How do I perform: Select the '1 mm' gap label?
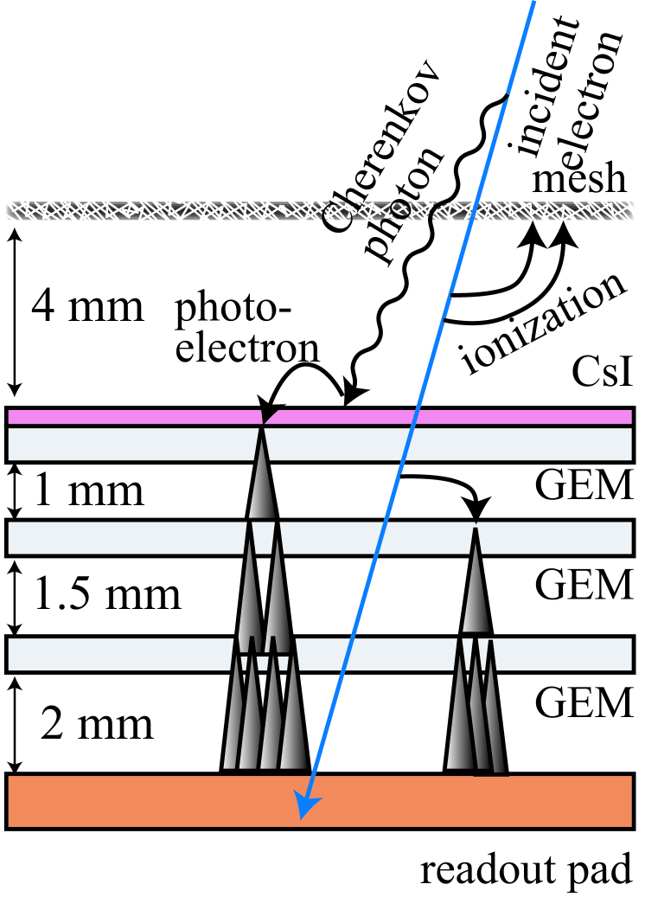[x=88, y=491]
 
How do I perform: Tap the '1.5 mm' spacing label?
[x=107, y=594]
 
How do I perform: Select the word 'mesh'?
[x=578, y=179]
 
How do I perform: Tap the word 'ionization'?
[x=545, y=324]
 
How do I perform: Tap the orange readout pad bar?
[x=130, y=801]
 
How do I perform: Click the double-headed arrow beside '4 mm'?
[x=14, y=307]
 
